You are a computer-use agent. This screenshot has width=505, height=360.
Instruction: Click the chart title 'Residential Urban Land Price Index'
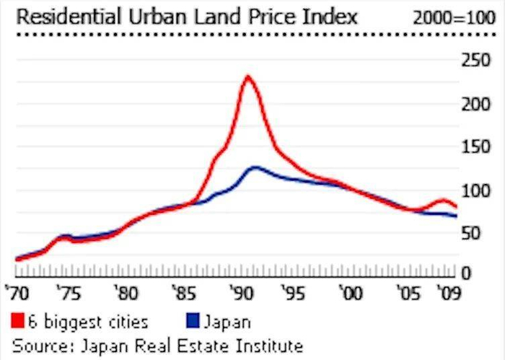pyautogui.click(x=186, y=16)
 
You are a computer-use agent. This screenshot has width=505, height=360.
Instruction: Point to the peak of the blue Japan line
pyautogui.click(x=255, y=167)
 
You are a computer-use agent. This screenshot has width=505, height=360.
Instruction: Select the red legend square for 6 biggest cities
pyautogui.click(x=18, y=320)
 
